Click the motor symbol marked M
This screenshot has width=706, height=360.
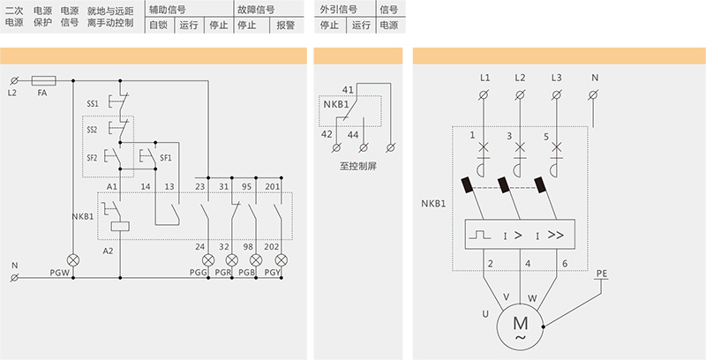click(x=520, y=326)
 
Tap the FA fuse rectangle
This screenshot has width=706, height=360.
click(x=42, y=79)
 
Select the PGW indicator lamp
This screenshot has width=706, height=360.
click(x=73, y=261)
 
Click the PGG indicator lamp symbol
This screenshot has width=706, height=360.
click(x=208, y=261)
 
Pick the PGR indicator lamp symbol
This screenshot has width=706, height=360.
click(x=232, y=261)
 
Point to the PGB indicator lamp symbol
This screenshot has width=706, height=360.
click(x=256, y=261)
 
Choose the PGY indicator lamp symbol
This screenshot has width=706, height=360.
click(x=281, y=261)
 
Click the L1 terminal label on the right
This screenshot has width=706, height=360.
click(x=484, y=78)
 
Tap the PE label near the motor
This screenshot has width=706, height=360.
click(x=602, y=274)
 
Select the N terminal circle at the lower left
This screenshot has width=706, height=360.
click(x=14, y=279)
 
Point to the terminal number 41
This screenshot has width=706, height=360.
click(x=348, y=90)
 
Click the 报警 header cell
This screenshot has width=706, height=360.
click(x=286, y=26)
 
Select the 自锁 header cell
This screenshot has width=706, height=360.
click(x=157, y=26)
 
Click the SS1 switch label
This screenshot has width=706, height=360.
click(x=93, y=103)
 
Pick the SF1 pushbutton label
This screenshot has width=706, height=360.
click(x=166, y=158)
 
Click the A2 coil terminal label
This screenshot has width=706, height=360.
click(x=109, y=251)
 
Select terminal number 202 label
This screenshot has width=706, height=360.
click(x=273, y=246)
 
